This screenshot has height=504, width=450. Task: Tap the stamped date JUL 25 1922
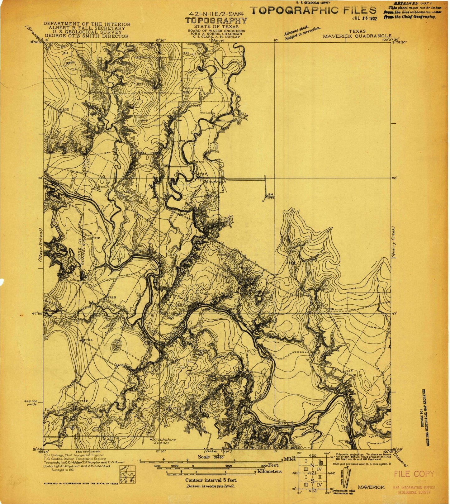(365, 18)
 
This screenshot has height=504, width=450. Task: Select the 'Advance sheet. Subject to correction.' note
(302, 33)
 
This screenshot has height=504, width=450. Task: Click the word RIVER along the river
(285, 423)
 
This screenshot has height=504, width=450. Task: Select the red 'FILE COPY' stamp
(414, 474)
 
